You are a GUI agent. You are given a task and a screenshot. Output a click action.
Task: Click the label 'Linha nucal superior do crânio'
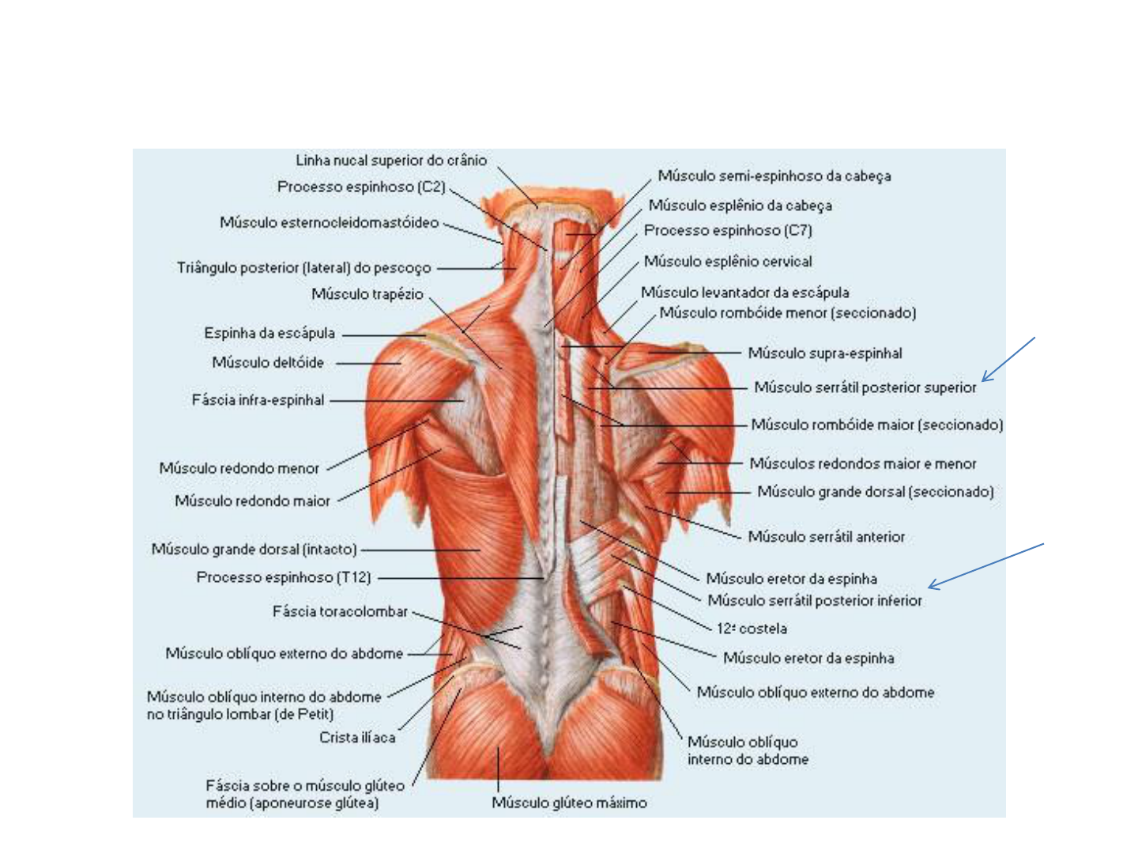click(x=391, y=161)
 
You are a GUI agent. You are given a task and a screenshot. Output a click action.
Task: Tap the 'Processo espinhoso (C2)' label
click(x=361, y=187)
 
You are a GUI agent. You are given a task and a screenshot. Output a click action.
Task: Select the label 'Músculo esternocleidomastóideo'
click(x=329, y=223)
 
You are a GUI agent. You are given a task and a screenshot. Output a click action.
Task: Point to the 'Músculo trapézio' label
click(x=367, y=294)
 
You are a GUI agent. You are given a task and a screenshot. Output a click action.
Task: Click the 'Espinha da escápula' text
click(x=269, y=334)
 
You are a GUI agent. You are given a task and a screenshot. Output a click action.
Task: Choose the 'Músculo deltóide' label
click(x=268, y=363)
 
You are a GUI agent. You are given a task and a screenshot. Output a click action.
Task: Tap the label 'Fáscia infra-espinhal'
click(x=258, y=400)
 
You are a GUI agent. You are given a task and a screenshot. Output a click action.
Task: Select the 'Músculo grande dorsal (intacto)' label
click(x=254, y=549)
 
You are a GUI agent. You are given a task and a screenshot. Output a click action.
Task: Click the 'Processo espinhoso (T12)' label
click(x=284, y=577)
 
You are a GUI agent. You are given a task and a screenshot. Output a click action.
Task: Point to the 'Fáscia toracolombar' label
click(x=340, y=611)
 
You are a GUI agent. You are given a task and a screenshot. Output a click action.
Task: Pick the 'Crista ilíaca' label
click(x=357, y=738)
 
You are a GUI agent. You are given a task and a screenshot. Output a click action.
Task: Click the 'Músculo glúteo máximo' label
click(x=569, y=803)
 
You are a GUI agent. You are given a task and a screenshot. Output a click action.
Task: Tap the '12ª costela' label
click(x=752, y=629)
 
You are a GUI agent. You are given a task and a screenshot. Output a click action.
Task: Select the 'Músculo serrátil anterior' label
click(x=826, y=537)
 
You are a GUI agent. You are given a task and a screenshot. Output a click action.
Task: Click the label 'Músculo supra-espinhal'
click(x=825, y=353)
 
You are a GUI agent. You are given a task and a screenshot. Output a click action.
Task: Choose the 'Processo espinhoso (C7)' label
click(x=728, y=231)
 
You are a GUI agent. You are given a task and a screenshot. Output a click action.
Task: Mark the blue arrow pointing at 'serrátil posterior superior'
click(x=1008, y=359)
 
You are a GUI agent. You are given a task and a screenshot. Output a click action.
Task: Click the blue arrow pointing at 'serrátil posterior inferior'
click(x=985, y=566)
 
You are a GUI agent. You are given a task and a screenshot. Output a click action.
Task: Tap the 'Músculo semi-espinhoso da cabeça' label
click(x=774, y=176)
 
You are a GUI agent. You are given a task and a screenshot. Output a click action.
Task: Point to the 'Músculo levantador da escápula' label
click(x=745, y=293)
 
